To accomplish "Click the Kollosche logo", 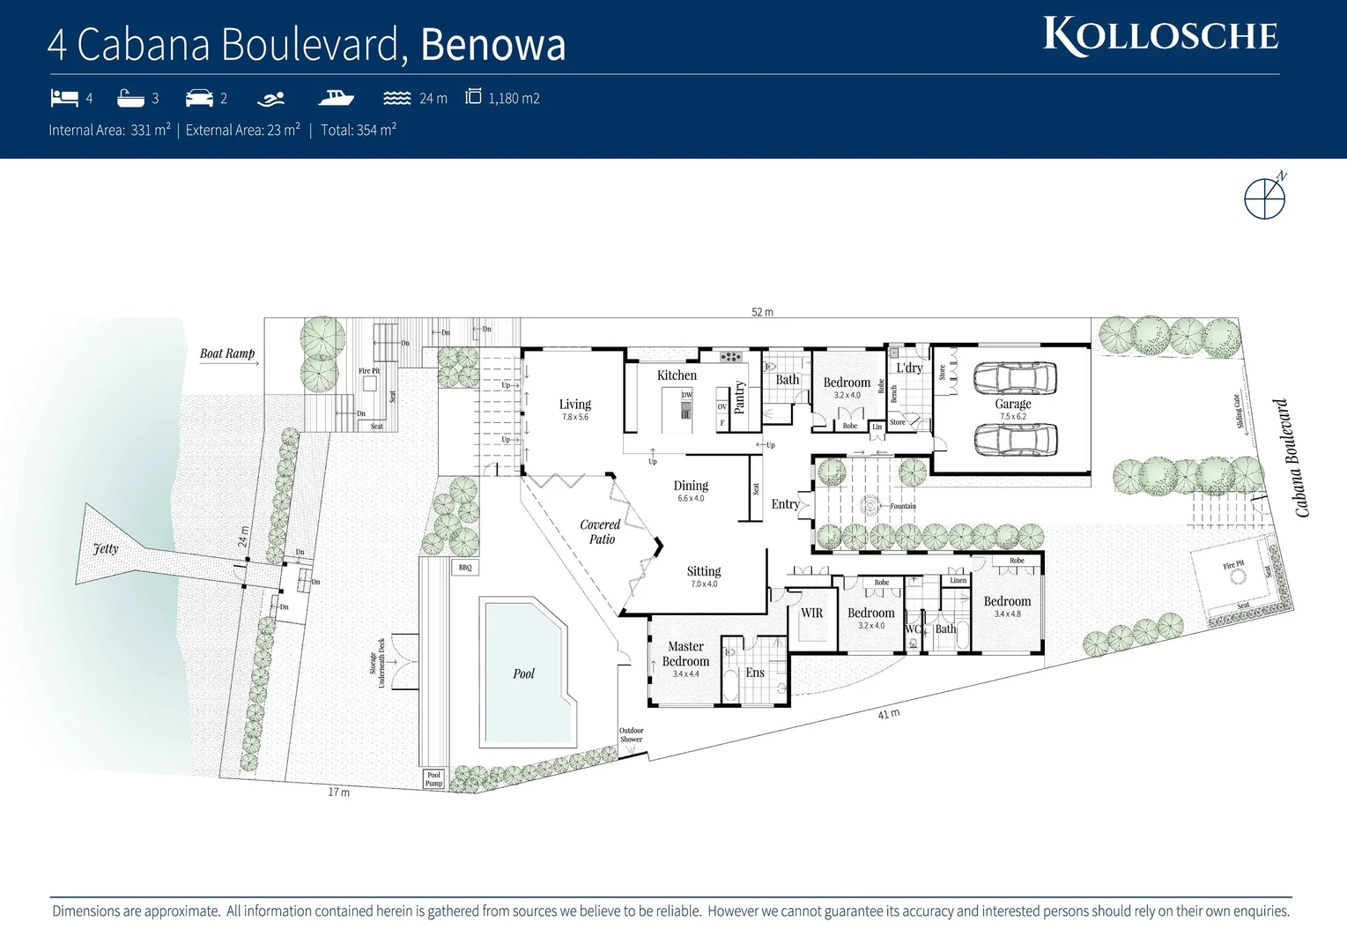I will pos(1160,36).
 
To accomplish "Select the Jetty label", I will pos(106,548).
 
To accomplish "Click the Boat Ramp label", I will pos(226,353).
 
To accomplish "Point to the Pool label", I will pos(524,673).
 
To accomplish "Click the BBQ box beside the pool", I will pos(465,568).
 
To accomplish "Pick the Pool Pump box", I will pos(433,779).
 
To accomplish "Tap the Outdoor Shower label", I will pos(631,735).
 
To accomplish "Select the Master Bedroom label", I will pos(685,654).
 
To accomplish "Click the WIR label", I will pos(811,613).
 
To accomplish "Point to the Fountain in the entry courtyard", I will pos(870,506).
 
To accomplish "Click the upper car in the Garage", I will pos(1015,378).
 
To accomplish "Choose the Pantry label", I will pos(739,397).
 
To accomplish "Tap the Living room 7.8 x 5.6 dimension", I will pos(575,417).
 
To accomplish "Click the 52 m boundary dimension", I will pos(762,312).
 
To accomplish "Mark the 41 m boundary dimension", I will pos(889,713).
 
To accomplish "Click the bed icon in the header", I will pos(64,98).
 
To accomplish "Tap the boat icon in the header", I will pos(336,98).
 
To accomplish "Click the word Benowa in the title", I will pos(492,45).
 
